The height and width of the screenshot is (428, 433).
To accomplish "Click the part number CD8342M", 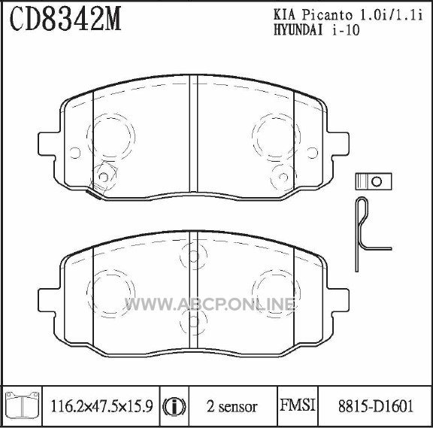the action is (65, 18).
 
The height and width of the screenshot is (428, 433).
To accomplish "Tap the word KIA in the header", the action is (284, 15).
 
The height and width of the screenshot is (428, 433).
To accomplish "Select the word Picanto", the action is (328, 15).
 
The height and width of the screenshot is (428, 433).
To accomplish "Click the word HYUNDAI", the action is (298, 30).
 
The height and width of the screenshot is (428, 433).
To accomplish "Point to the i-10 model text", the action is (346, 30).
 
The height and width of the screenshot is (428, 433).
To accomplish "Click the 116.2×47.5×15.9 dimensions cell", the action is (101, 406).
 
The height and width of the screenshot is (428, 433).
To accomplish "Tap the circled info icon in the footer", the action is (174, 407).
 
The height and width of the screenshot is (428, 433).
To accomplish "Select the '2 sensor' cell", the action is (232, 407).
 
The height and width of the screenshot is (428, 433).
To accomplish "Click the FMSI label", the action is (298, 405).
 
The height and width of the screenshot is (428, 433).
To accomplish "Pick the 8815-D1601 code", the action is (376, 406).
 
